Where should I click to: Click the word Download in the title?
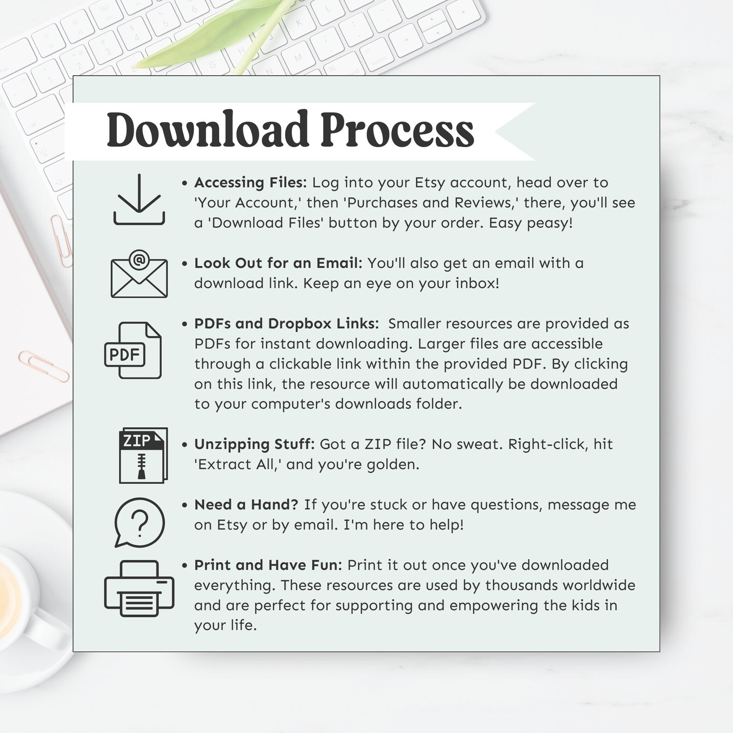[x=207, y=130]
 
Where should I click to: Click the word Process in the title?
[x=397, y=130]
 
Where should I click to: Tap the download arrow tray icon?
[x=139, y=200]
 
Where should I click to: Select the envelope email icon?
[x=139, y=274]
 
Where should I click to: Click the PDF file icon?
[x=133, y=351]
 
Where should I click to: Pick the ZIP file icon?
[x=143, y=455]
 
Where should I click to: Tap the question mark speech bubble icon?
[x=139, y=522]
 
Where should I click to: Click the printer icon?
[x=139, y=588]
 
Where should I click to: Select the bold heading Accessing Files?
[x=250, y=183]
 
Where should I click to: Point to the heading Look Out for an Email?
[x=278, y=263]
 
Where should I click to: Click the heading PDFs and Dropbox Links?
[x=286, y=324]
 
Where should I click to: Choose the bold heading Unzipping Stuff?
[x=254, y=444]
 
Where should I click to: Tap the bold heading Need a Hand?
[x=246, y=505]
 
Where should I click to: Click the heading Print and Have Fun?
[x=268, y=565]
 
